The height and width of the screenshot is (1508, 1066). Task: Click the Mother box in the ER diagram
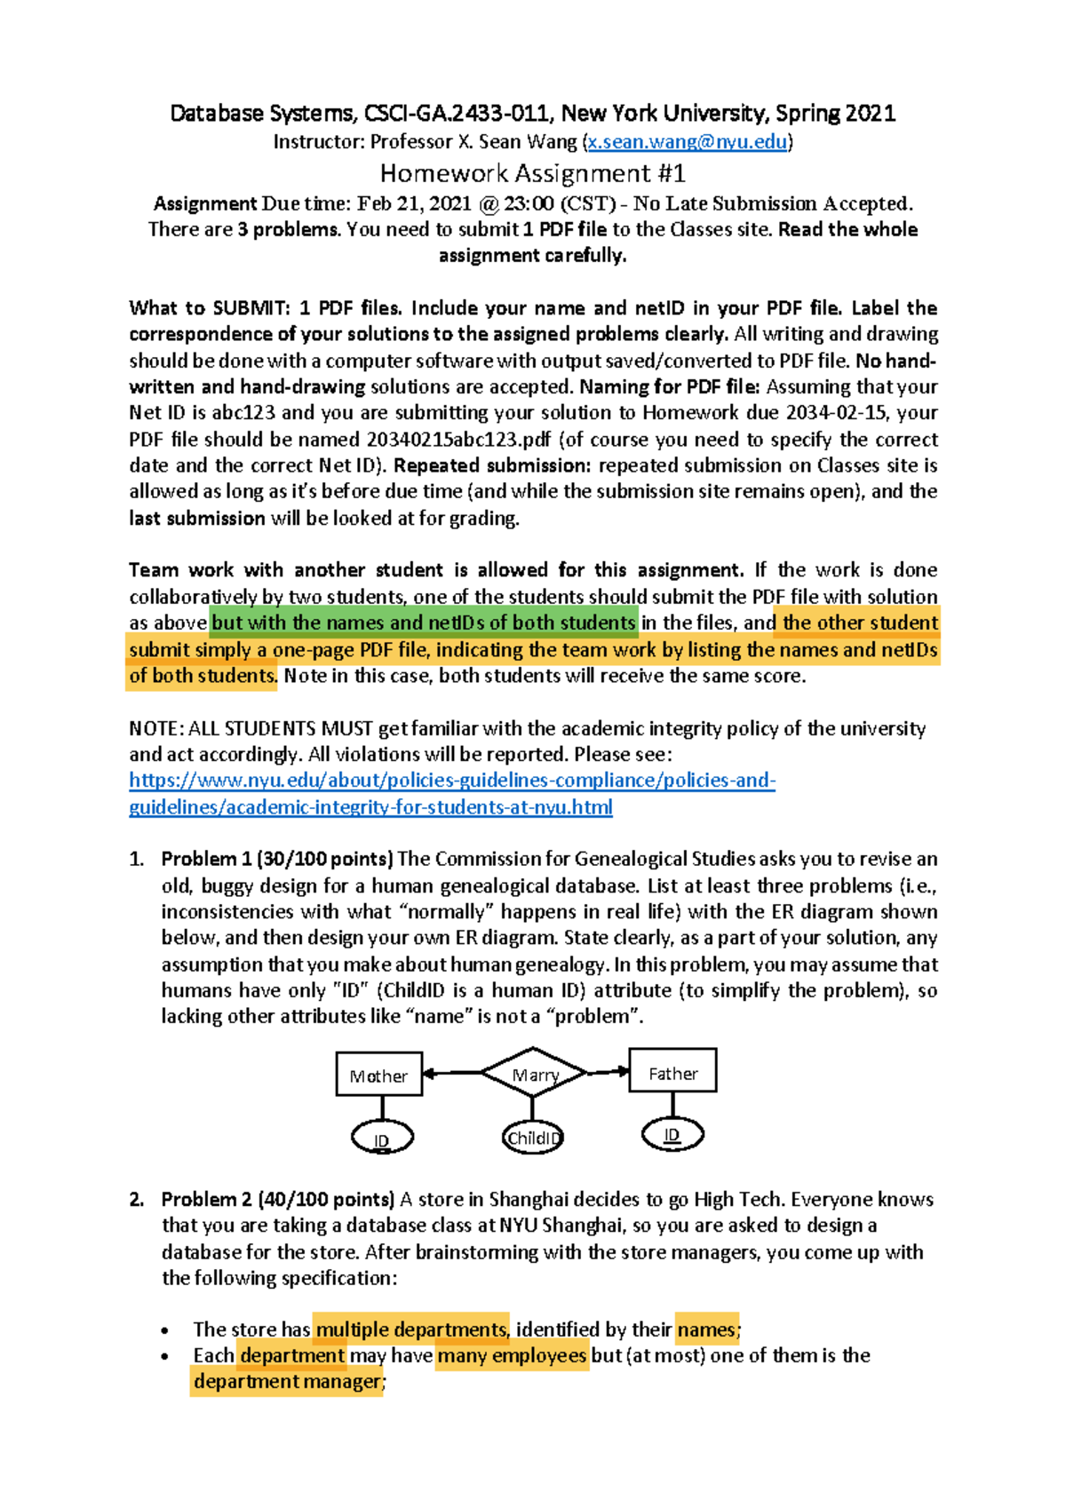coord(378,1075)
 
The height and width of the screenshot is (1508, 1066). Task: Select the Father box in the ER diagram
coord(672,1072)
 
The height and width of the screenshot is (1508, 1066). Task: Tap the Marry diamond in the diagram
coord(533,1074)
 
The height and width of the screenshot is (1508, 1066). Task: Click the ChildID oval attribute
coord(532,1138)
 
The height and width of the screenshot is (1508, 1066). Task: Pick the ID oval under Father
coord(672,1134)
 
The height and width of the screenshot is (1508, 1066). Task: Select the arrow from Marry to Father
coord(608,1072)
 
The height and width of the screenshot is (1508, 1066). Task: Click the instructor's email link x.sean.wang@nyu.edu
coord(687,141)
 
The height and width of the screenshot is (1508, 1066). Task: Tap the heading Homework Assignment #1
coord(532,172)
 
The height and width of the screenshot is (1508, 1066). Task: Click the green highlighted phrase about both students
coord(424,623)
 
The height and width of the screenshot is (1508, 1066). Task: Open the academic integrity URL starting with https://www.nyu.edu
coord(452,781)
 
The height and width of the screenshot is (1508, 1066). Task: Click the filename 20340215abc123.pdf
coord(458,439)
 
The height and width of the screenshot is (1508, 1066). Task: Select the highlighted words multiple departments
coord(411,1329)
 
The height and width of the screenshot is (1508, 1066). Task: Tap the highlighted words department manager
coord(288,1381)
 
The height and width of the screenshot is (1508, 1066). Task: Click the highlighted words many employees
coord(512,1355)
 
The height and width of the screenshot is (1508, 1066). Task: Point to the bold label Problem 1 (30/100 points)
coord(277,859)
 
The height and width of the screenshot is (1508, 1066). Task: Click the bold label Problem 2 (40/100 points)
coord(277,1199)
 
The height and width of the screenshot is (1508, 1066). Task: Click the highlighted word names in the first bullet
coord(706,1329)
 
